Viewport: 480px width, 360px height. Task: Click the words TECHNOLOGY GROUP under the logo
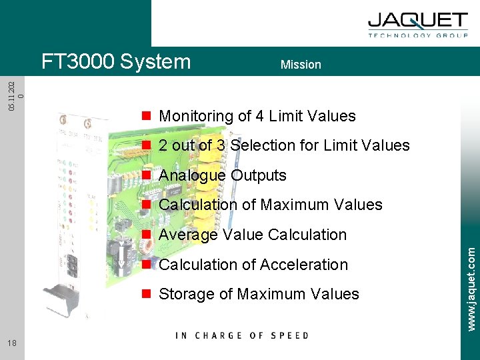click(418, 36)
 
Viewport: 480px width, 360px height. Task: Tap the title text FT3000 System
click(116, 62)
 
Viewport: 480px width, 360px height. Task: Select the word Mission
click(301, 65)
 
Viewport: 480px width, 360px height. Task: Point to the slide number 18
click(13, 343)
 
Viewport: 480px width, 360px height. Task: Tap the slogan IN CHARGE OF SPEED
click(242, 335)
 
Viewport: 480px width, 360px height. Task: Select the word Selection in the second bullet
click(267, 145)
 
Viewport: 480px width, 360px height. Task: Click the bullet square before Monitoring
click(145, 116)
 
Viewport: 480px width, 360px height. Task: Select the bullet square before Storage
click(145, 294)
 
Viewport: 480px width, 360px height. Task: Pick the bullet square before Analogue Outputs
click(145, 175)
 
